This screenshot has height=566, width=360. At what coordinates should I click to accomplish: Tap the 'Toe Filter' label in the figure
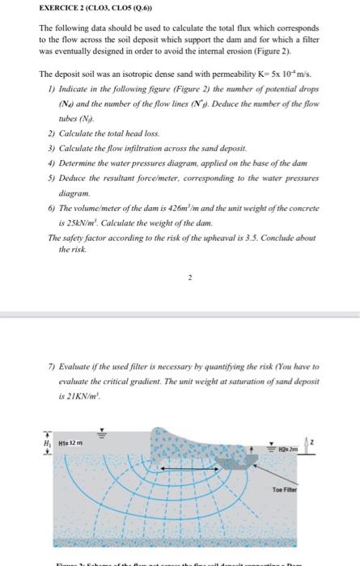tap(289, 487)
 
